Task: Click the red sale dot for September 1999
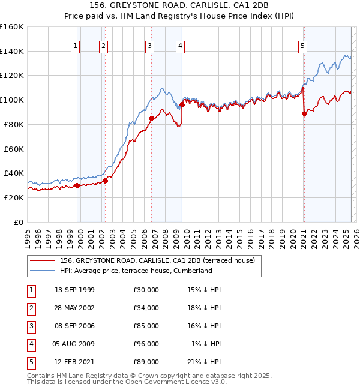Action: coord(77,185)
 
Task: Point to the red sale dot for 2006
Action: coord(151,118)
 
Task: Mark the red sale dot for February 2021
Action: coord(304,113)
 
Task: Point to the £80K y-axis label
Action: coord(13,124)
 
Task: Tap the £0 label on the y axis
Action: coord(19,222)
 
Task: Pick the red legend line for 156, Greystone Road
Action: coord(42,260)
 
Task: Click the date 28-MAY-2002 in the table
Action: coord(74,308)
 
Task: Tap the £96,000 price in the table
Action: coord(146,344)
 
